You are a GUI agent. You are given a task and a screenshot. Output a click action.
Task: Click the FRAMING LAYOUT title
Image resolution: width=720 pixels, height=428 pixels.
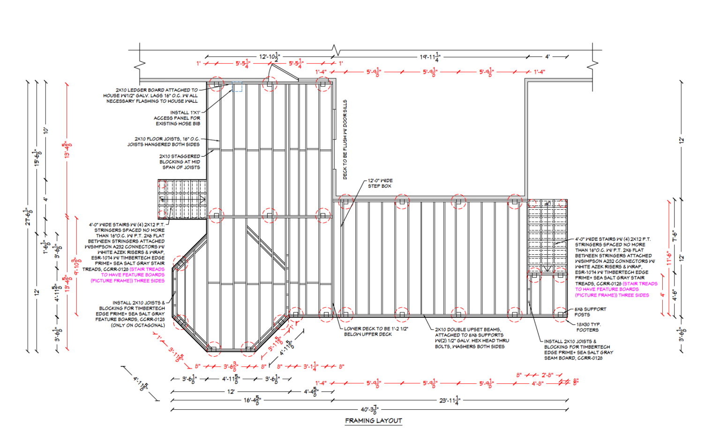pyautogui.click(x=373, y=420)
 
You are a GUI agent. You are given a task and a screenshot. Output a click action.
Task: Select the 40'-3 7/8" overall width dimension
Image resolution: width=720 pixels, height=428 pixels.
pyautogui.click(x=370, y=409)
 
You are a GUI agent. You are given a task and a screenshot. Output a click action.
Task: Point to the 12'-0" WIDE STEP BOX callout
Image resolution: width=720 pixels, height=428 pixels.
pyautogui.click(x=380, y=183)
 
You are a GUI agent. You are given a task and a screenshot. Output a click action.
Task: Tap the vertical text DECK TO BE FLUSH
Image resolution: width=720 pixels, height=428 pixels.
pyautogui.click(x=345, y=139)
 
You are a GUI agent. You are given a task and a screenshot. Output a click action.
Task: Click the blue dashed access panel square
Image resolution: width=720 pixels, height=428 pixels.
pyautogui.click(x=238, y=87)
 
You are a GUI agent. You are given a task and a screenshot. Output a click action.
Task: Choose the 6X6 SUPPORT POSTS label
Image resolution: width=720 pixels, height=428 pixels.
pyautogui.click(x=590, y=312)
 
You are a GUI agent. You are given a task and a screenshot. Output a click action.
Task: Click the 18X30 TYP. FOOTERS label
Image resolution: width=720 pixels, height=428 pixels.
pyautogui.click(x=588, y=327)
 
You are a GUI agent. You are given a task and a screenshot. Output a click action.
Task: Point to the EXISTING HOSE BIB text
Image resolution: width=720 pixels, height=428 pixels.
pyautogui.click(x=178, y=124)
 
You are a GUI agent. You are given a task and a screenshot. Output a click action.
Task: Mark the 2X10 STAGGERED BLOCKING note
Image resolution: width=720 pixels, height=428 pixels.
pyautogui.click(x=180, y=161)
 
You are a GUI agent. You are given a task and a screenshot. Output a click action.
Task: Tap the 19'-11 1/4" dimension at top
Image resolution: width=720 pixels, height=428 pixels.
pyautogui.click(x=430, y=57)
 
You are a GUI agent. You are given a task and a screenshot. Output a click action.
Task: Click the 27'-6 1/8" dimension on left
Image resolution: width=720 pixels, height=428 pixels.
pyautogui.click(x=28, y=217)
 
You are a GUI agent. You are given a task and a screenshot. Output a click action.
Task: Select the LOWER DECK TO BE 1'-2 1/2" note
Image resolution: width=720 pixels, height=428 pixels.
pyautogui.click(x=375, y=331)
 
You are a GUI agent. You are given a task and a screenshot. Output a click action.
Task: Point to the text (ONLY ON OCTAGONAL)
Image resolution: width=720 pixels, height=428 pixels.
pyautogui.click(x=137, y=325)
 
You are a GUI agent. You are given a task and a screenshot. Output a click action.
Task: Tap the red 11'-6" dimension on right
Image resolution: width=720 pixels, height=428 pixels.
pyautogui.click(x=669, y=258)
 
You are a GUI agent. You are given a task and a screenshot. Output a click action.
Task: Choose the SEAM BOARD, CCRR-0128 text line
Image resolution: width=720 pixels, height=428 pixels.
pyautogui.click(x=573, y=358)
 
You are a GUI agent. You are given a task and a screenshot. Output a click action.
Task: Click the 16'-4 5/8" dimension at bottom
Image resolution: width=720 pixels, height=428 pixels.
pyautogui.click(x=252, y=400)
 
